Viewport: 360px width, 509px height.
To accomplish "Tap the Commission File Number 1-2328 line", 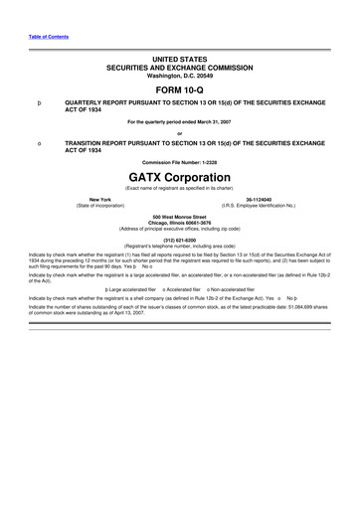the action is pyautogui.click(x=179, y=159).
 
